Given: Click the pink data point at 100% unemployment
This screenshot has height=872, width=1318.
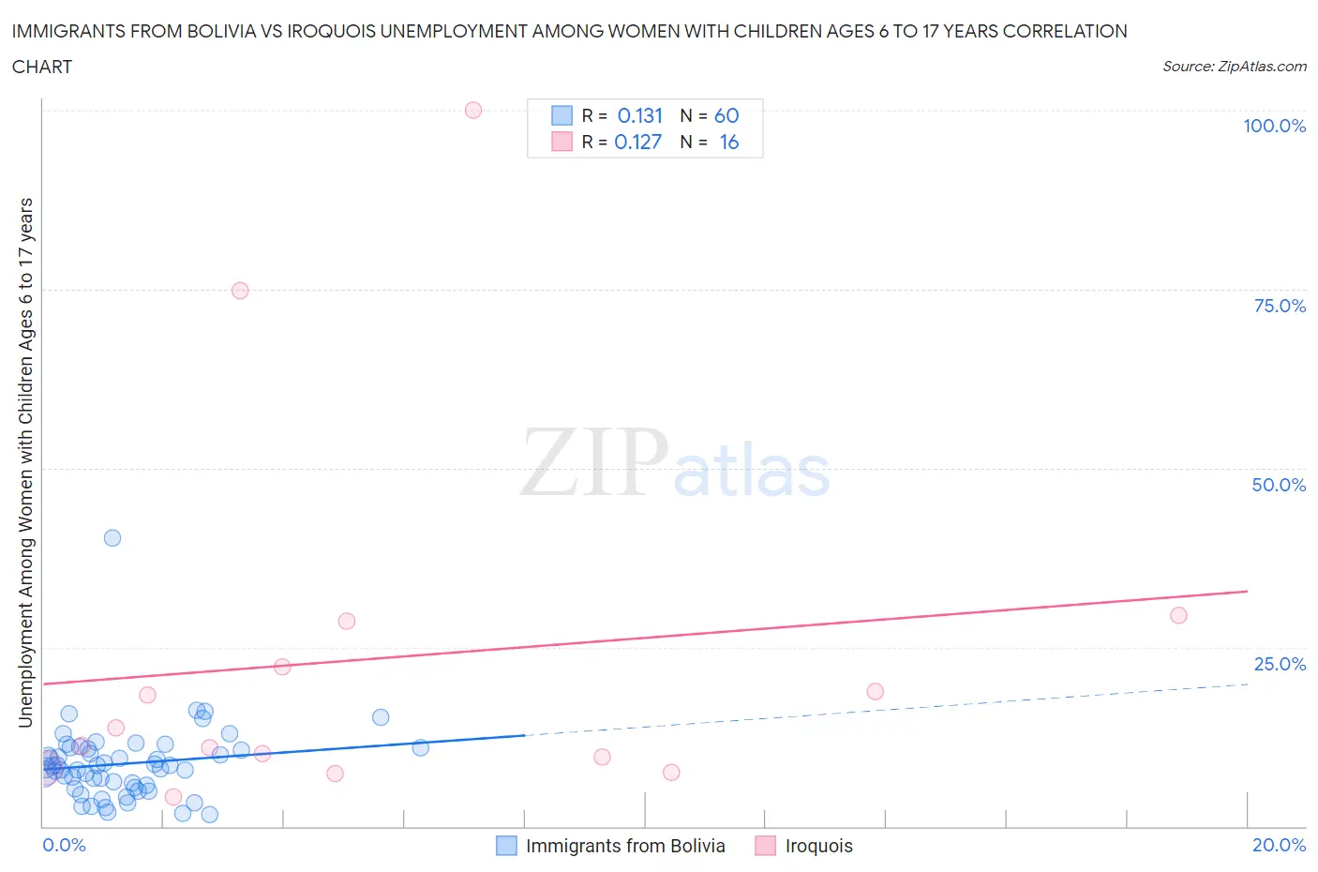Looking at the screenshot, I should pyautogui.click(x=473, y=111).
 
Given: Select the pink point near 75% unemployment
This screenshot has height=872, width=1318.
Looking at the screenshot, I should pyautogui.click(x=240, y=291).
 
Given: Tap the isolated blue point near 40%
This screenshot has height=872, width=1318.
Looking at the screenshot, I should pyautogui.click(x=112, y=538).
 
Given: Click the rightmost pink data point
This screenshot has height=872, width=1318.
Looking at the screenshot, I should pyautogui.click(x=1179, y=616).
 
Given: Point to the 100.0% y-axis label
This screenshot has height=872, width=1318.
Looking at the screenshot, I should pyautogui.click(x=1274, y=127).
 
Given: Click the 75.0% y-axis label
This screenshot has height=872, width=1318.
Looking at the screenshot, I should pyautogui.click(x=1280, y=307).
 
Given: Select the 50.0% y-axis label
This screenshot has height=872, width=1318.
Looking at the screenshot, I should pyautogui.click(x=1279, y=486).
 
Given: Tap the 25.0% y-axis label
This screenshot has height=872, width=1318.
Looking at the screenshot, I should pyautogui.click(x=1280, y=665).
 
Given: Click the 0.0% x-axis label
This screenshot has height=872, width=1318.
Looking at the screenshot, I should pyautogui.click(x=64, y=846).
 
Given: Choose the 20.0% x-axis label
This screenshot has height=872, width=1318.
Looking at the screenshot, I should pyautogui.click(x=1279, y=846).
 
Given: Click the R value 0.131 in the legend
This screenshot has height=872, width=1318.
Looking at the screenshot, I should pyautogui.click(x=640, y=116).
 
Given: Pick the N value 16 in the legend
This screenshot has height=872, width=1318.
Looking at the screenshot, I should pyautogui.click(x=729, y=143).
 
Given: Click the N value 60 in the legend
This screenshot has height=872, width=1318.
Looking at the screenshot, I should pyautogui.click(x=726, y=116).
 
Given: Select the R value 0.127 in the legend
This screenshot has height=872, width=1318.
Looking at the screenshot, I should pyautogui.click(x=638, y=143).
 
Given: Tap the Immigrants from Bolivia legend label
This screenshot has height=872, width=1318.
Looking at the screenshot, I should pyautogui.click(x=625, y=847).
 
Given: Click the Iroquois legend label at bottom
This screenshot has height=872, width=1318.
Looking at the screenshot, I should pyautogui.click(x=818, y=847).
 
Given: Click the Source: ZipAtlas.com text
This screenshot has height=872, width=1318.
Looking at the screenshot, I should pyautogui.click(x=1234, y=67).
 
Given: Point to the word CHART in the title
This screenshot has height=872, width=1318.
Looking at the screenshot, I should pyautogui.click(x=42, y=67).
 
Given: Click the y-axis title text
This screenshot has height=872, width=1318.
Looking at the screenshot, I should pyautogui.click(x=26, y=463).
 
